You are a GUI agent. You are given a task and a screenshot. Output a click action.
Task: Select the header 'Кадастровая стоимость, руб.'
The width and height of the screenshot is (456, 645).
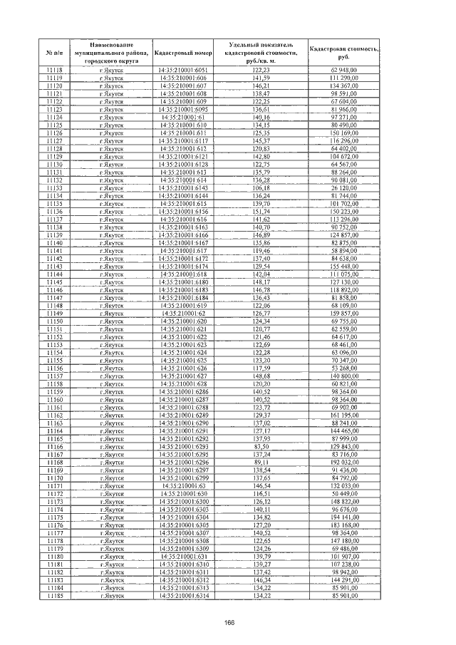click(343, 52)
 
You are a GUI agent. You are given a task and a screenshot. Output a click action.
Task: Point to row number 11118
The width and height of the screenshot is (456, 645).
click(54, 70)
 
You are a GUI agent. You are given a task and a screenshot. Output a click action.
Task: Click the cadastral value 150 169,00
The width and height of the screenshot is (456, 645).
click(343, 133)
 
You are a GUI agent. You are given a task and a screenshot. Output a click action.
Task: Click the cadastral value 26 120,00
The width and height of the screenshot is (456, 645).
click(343, 187)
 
